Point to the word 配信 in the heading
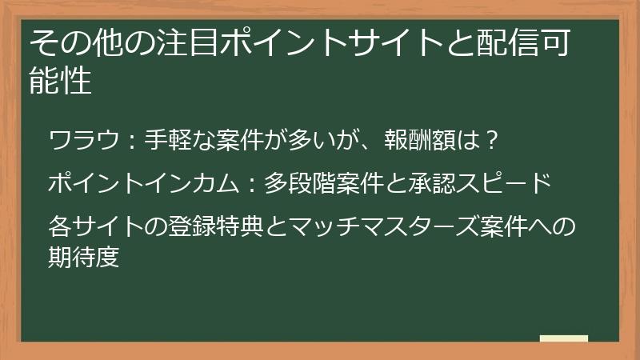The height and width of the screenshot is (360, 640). tap(510, 42)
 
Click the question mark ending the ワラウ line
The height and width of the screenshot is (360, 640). tap(494, 141)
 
